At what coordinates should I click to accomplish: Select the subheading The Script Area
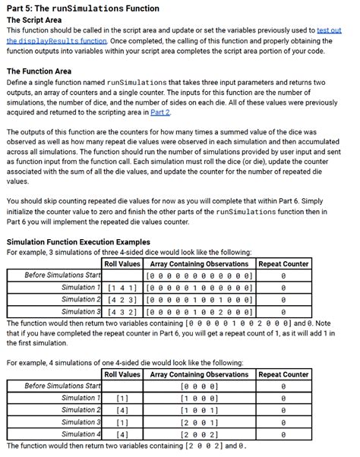click(34, 20)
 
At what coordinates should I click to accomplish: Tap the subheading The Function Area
click(39, 71)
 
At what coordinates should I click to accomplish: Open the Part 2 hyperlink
click(159, 112)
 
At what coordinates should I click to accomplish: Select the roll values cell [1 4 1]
click(122, 288)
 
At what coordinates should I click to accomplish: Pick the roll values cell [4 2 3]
click(122, 299)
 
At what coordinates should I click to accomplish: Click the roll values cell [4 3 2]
click(122, 311)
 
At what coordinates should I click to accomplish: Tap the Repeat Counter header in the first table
click(284, 263)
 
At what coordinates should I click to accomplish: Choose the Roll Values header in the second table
click(122, 374)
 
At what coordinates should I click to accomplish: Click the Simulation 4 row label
click(81, 433)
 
